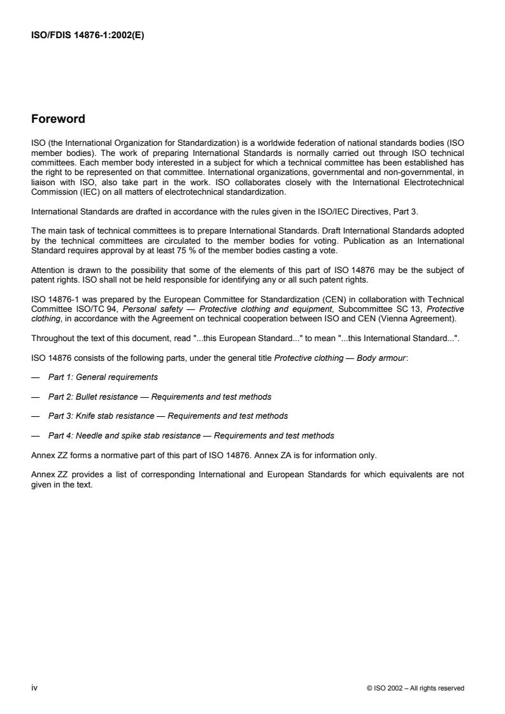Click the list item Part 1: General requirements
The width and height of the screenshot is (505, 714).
[x=103, y=377]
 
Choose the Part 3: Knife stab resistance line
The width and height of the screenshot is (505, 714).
[x=167, y=416]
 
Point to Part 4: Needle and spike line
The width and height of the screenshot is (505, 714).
[x=190, y=436]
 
